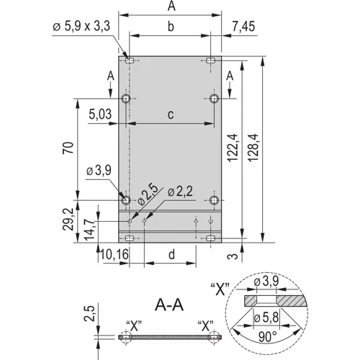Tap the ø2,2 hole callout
point(179,192)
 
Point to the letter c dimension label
point(170,113)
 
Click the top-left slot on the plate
point(129,60)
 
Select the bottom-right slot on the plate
point(211,238)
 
